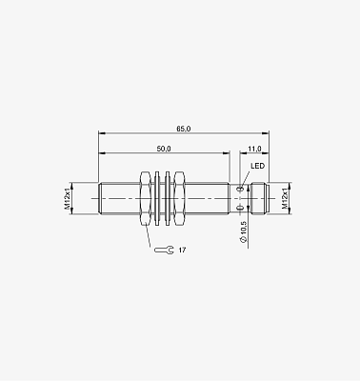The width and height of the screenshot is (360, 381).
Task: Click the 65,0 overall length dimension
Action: click(184, 129)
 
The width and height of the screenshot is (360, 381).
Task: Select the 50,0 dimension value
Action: click(164, 149)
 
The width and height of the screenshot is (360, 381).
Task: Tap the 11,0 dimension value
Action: click(254, 149)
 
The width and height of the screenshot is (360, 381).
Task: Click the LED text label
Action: click(257, 166)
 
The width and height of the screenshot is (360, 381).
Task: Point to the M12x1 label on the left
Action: click(68, 199)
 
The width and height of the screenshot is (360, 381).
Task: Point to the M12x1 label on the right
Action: click(285, 199)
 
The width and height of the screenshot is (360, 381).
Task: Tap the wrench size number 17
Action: click(182, 251)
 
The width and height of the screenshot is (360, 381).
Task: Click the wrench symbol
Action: click(164, 251)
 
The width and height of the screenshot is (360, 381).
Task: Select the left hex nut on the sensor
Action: click(145, 199)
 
